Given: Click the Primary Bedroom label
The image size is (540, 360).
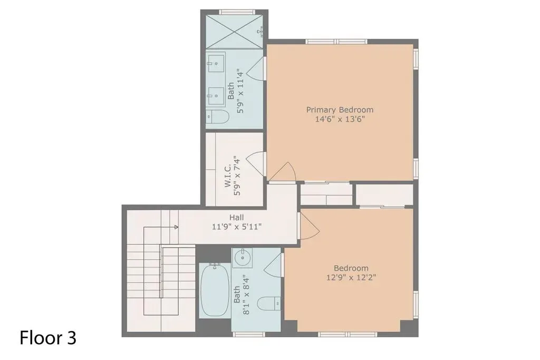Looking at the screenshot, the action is [x=340, y=110].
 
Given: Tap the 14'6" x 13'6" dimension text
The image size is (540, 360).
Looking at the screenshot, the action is [x=340, y=120].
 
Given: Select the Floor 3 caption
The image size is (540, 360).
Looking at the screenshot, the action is [x=48, y=338].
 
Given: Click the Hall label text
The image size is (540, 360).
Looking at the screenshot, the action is [x=237, y=218].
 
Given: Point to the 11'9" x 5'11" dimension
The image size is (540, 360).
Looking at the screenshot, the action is [x=237, y=227].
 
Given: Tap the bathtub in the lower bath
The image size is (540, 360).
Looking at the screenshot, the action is [x=215, y=290].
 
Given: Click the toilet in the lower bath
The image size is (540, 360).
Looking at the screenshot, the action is [x=269, y=303].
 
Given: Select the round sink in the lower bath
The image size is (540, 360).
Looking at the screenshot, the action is [x=242, y=257].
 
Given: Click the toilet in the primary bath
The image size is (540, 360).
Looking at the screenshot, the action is [x=217, y=117].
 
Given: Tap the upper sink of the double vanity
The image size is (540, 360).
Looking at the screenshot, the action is [x=216, y=62].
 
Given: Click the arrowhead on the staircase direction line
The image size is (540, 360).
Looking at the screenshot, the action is [x=176, y=227].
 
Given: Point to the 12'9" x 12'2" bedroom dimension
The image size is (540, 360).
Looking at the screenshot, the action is [x=351, y=278].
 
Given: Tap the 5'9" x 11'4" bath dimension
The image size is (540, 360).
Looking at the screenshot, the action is [x=240, y=92].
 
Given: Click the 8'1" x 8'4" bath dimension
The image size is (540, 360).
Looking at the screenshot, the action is [x=246, y=295].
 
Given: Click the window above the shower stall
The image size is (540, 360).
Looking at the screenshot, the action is [x=237, y=12].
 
